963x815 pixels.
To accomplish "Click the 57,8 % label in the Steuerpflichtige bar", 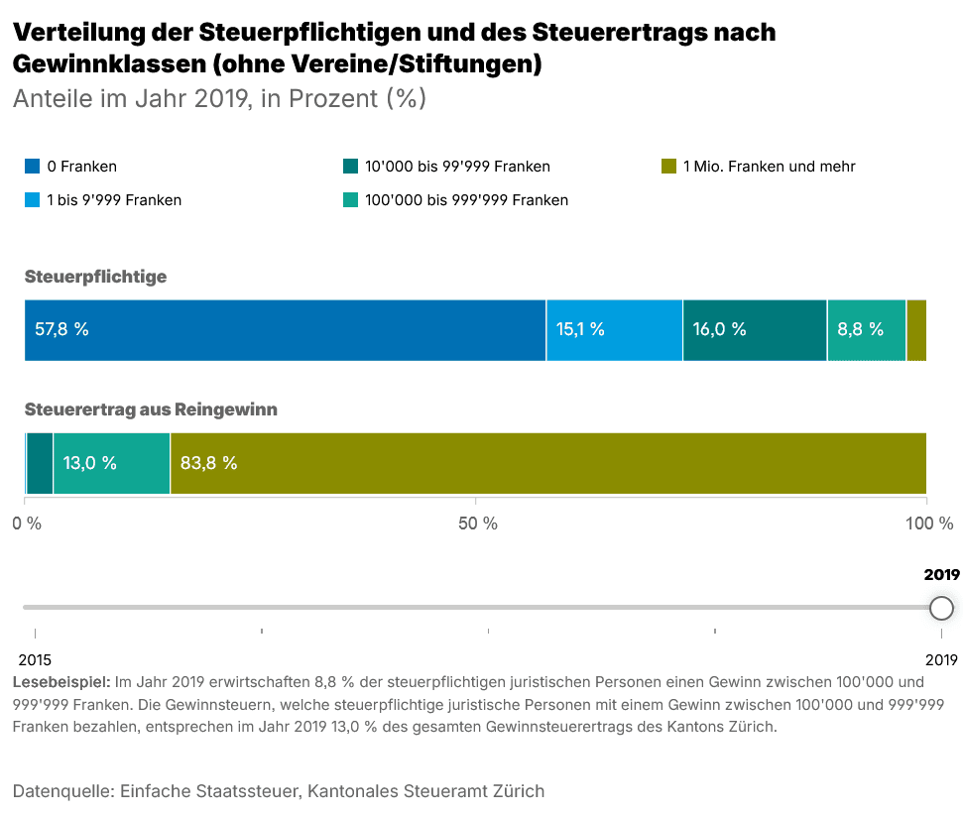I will click(x=62, y=329).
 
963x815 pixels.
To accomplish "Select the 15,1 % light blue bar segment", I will click(x=614, y=329).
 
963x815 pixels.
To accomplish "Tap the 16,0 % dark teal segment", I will click(x=754, y=329).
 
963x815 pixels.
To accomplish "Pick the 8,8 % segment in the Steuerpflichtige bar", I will click(x=866, y=329).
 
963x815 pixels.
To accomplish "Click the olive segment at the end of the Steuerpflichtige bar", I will click(x=916, y=329).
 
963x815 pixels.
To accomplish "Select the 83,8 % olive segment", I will click(x=547, y=463).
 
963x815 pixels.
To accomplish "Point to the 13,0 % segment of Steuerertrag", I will click(x=111, y=463).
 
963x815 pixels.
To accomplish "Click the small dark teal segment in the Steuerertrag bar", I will click(x=40, y=463).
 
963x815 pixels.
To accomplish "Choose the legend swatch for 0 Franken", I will click(x=33, y=167).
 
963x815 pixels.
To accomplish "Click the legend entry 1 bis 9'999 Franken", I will click(x=114, y=199).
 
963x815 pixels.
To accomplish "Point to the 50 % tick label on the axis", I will click(x=476, y=524).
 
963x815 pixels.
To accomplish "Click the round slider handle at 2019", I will click(x=941, y=608).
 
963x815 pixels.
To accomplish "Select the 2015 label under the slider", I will click(x=36, y=659).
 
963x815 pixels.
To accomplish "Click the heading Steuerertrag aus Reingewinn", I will click(x=151, y=408).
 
